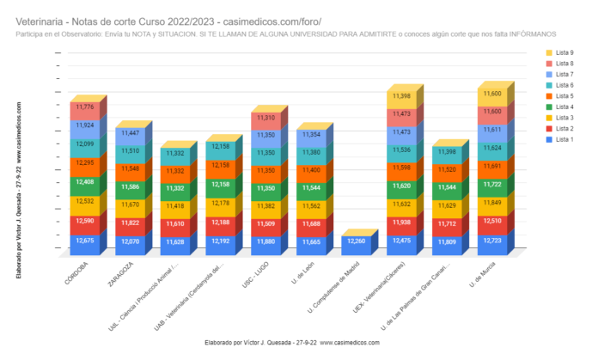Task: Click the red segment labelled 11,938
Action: pyautogui.click(x=401, y=223)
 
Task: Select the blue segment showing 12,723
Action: pyautogui.click(x=492, y=242)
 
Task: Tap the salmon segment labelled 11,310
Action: pyautogui.click(x=265, y=119)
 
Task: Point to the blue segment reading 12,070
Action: pyautogui.click(x=130, y=243)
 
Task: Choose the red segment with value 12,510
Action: pyautogui.click(x=492, y=223)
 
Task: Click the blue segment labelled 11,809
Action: pyautogui.click(x=446, y=243)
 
